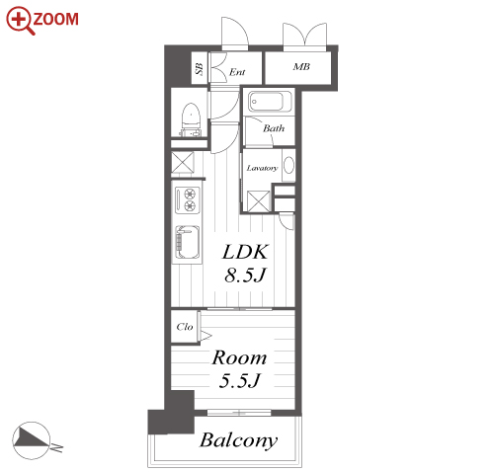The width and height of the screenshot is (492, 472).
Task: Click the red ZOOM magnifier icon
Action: (20, 20)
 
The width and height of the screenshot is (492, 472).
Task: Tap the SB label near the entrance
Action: (200, 69)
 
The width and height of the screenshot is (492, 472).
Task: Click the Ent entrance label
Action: (237, 72)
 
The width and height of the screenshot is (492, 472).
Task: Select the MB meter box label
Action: (301, 67)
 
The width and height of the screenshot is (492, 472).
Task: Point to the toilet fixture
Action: (191, 119)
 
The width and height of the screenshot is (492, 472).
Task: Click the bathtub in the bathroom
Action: (270, 102)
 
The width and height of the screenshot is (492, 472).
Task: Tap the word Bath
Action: (274, 128)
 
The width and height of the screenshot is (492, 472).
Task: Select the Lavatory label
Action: (262, 168)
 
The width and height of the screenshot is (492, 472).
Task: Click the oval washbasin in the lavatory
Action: (288, 165)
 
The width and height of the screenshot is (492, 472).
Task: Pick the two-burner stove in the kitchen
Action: (188, 199)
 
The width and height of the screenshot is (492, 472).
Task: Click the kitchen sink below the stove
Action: (188, 242)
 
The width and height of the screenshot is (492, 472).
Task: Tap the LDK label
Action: (245, 252)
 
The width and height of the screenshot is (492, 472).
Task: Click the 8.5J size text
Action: (245, 275)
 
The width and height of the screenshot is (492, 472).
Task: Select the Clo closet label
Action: (185, 327)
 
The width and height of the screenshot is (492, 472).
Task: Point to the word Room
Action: (239, 357)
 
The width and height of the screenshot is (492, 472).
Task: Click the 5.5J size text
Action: (240, 381)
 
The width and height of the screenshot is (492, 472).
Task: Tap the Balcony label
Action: (239, 440)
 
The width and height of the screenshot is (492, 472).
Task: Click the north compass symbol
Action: (32, 440)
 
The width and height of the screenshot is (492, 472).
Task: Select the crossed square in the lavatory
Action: (258, 201)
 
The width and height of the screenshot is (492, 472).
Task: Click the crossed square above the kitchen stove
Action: (183, 162)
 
